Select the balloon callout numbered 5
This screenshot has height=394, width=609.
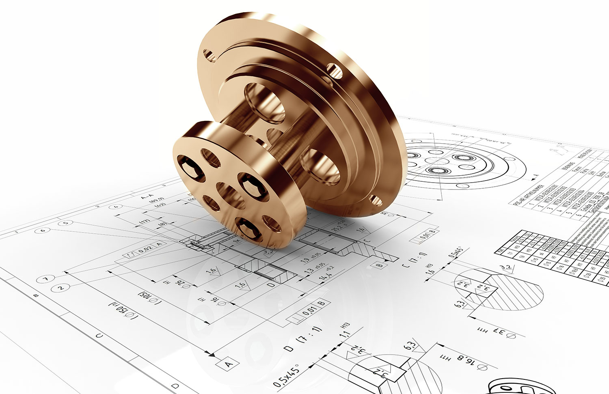(65, 223)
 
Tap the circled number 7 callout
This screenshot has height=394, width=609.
(45, 279)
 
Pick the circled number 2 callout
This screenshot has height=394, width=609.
(60, 288)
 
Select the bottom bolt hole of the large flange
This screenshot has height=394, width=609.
(376, 200)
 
